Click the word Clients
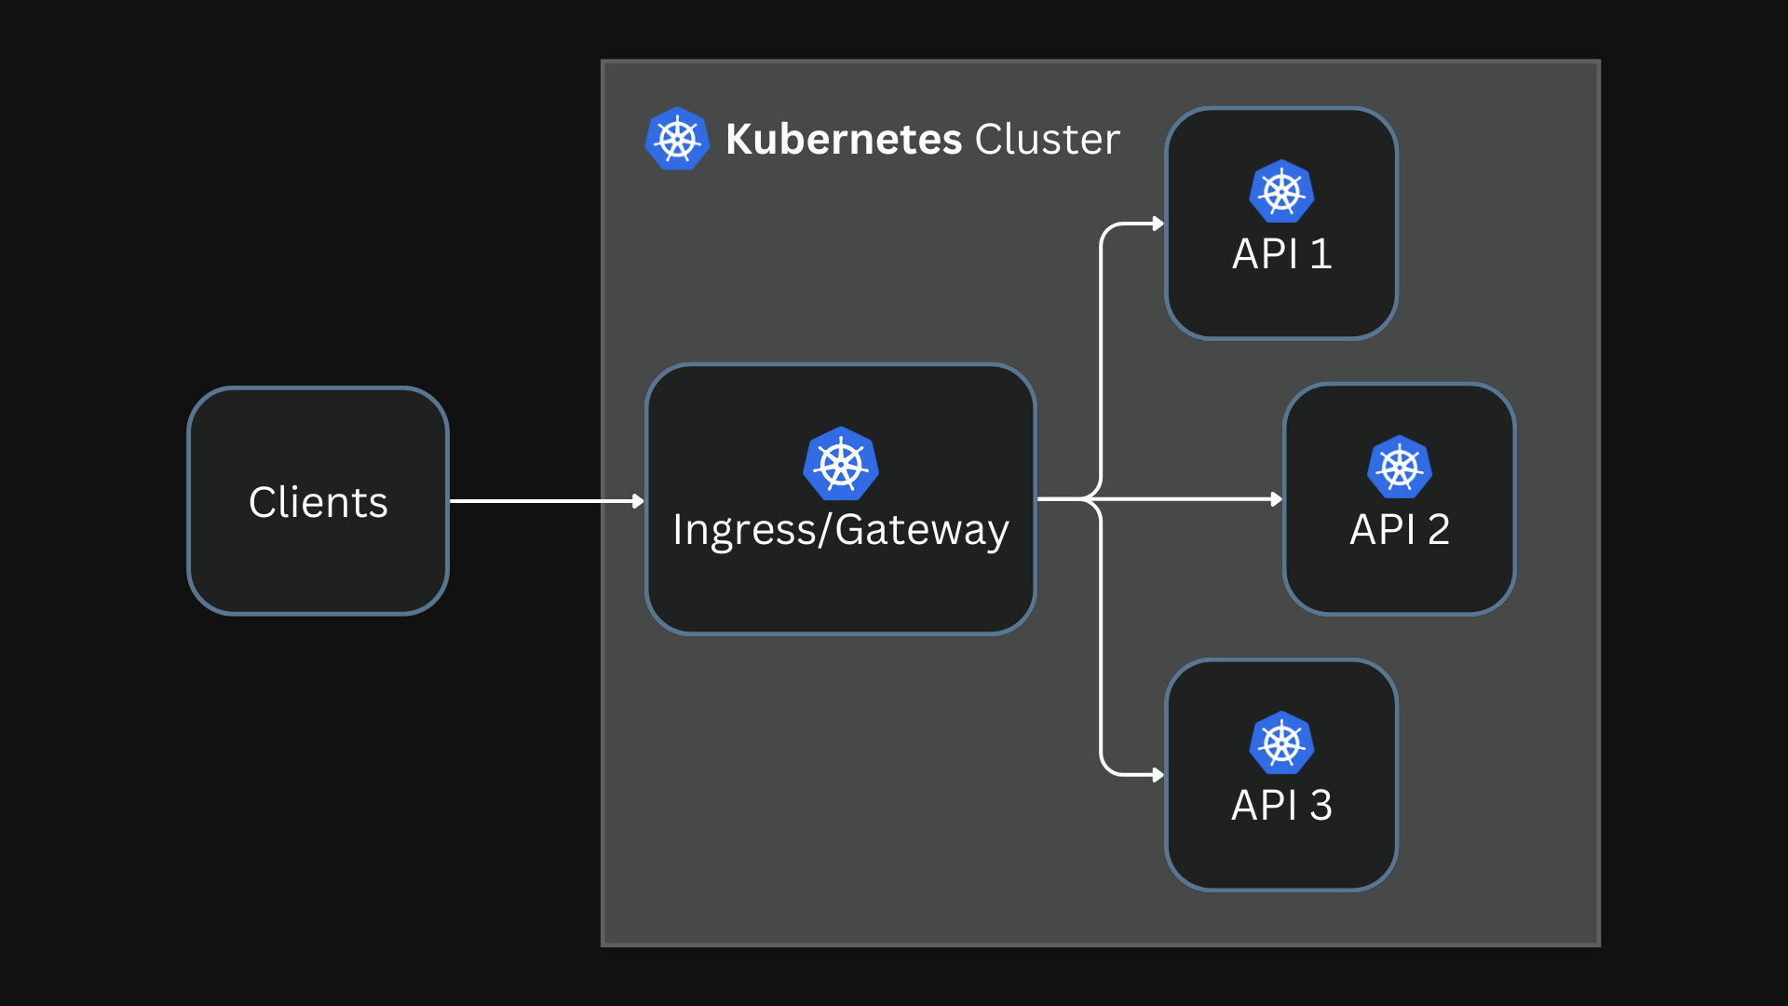click(318, 502)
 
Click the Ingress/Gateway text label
click(840, 530)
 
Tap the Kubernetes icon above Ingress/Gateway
click(840, 464)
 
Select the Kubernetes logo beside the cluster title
click(677, 139)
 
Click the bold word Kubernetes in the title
click(843, 140)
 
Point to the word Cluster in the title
click(1047, 140)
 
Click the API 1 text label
click(1281, 254)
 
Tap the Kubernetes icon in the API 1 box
click(1281, 192)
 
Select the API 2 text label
click(1399, 530)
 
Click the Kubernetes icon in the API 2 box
click(1399, 468)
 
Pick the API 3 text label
click(1281, 806)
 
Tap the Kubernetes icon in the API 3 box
click(1281, 743)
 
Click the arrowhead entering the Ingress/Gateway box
click(638, 501)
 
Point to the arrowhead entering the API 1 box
click(1158, 224)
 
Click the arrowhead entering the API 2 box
click(1276, 499)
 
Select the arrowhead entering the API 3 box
click(1158, 775)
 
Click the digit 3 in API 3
click(1321, 806)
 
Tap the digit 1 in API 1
click(1321, 254)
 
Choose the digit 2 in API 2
click(1438, 530)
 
